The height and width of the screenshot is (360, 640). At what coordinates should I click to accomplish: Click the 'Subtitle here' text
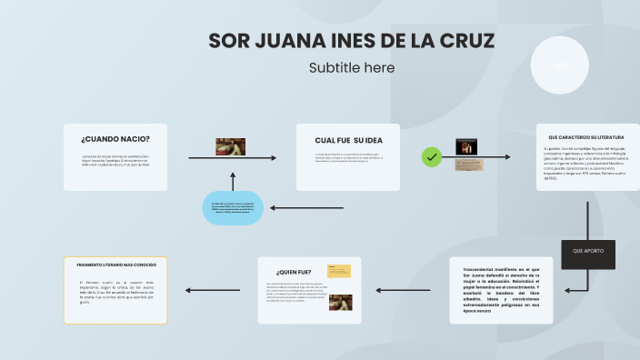click(x=352, y=68)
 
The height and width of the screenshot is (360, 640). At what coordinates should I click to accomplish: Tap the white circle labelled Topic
click(x=559, y=65)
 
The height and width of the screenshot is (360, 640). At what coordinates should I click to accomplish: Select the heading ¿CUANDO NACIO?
click(x=115, y=139)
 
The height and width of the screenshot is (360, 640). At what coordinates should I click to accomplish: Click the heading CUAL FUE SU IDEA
click(x=348, y=140)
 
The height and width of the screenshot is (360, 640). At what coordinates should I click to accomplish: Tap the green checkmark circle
click(x=432, y=157)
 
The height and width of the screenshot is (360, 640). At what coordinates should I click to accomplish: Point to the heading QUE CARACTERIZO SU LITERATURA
click(x=585, y=137)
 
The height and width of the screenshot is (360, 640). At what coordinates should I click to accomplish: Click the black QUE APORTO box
click(x=588, y=250)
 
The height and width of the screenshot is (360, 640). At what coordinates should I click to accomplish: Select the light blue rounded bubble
click(x=232, y=208)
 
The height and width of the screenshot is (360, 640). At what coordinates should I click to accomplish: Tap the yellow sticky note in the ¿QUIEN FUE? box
click(x=340, y=271)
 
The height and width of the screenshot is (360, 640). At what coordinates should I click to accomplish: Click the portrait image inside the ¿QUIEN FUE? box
click(x=341, y=303)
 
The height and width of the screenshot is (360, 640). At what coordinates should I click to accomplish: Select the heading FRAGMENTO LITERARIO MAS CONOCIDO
click(x=116, y=265)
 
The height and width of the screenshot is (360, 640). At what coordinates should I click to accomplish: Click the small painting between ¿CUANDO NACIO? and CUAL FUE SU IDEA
click(x=231, y=146)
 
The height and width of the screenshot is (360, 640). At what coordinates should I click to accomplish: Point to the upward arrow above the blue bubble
click(x=232, y=180)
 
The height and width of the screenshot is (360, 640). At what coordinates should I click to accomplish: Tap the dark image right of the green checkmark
click(x=467, y=146)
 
